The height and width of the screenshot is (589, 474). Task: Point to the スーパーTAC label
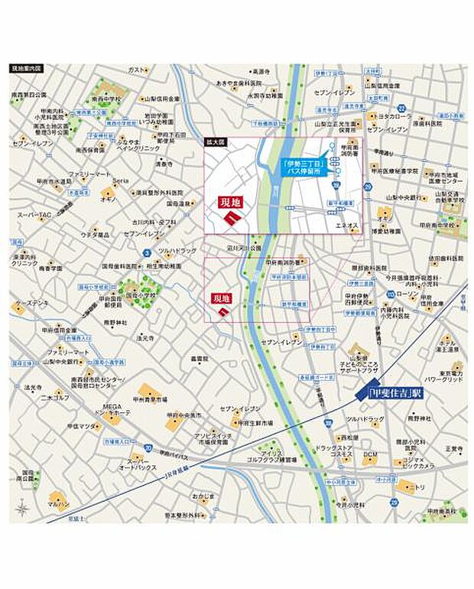(x=34, y=214)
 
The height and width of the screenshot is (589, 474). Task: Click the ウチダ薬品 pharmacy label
(x=95, y=233)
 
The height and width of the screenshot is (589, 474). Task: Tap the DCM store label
(x=370, y=455)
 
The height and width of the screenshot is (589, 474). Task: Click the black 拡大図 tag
(x=215, y=142)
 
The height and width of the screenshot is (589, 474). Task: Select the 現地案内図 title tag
(x=28, y=68)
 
